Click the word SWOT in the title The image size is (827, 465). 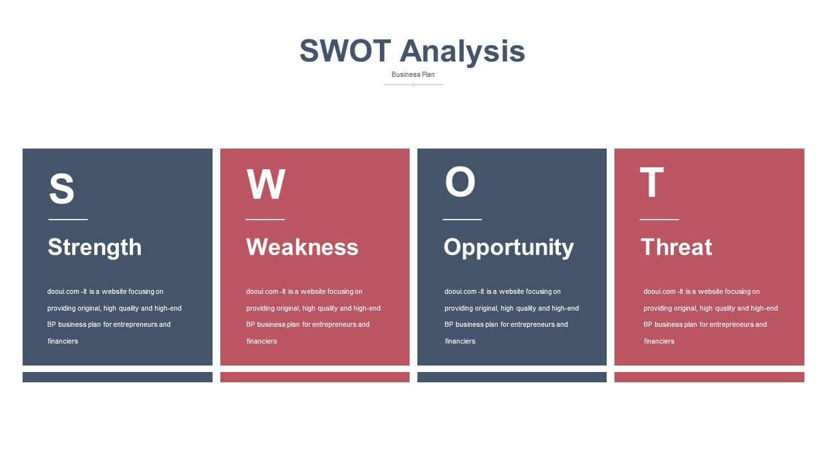(x=345, y=50)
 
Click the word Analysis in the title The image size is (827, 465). (x=462, y=52)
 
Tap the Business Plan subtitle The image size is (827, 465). (x=413, y=74)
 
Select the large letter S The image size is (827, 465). (x=61, y=188)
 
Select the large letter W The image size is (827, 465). (x=266, y=184)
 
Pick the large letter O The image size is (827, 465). (x=459, y=181)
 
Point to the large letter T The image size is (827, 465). (x=652, y=182)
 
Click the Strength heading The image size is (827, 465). (x=94, y=247)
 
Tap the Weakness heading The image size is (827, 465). (x=302, y=247)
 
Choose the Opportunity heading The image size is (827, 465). (x=508, y=247)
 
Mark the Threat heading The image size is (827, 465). (x=676, y=247)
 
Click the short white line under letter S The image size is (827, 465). (x=68, y=220)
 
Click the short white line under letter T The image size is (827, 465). (x=659, y=220)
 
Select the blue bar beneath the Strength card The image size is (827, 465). (x=118, y=377)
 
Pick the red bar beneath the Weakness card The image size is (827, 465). (x=315, y=377)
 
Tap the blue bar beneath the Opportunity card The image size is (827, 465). (x=512, y=377)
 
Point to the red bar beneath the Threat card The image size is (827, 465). (x=709, y=377)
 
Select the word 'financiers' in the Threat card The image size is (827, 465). (x=659, y=342)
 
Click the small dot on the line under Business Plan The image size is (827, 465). (x=413, y=85)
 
